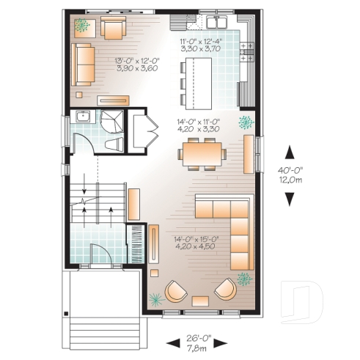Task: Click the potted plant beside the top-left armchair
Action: [83, 26]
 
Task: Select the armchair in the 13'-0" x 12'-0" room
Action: [112, 29]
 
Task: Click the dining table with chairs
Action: [203, 153]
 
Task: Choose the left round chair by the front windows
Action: [176, 293]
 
